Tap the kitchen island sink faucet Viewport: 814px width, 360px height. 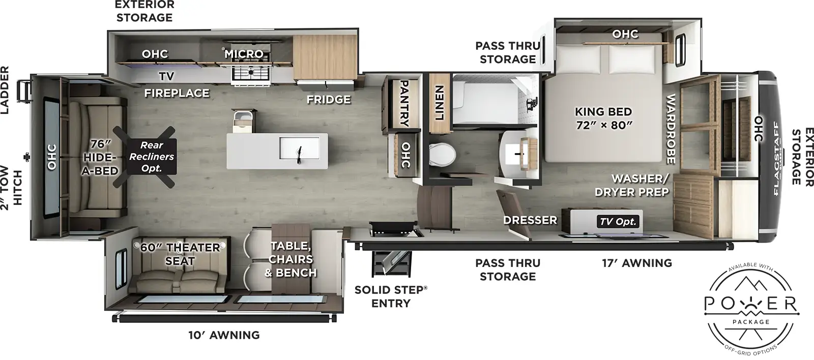coord(300,151)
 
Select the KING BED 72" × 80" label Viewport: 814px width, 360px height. coord(603,118)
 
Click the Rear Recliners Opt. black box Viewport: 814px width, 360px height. coord(151,157)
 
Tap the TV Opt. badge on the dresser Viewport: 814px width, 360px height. coord(618,222)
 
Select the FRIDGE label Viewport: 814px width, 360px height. coord(329,99)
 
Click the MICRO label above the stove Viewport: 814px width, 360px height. coord(244,53)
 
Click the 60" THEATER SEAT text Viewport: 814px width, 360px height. coord(180,254)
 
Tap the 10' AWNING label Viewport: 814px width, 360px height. coord(224,335)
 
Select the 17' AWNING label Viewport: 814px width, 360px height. coord(637,263)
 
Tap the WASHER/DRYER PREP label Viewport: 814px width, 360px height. coord(639,185)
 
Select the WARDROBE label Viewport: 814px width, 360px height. coord(671,129)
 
